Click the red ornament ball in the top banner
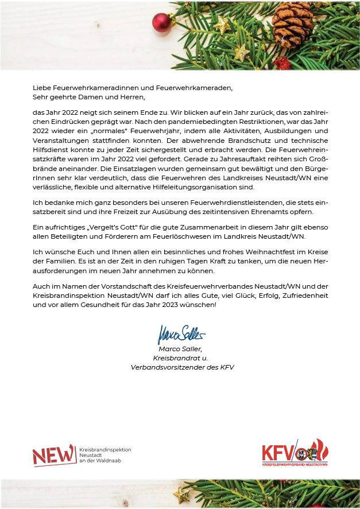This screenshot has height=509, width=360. coord(162,22)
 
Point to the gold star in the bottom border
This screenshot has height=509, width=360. coord(182,494)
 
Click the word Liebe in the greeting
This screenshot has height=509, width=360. coord(42,88)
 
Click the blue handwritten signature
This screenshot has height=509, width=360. coord(181,333)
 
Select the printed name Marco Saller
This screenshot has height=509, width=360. coord(180,348)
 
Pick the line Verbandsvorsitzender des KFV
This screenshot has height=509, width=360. coord(183,367)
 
